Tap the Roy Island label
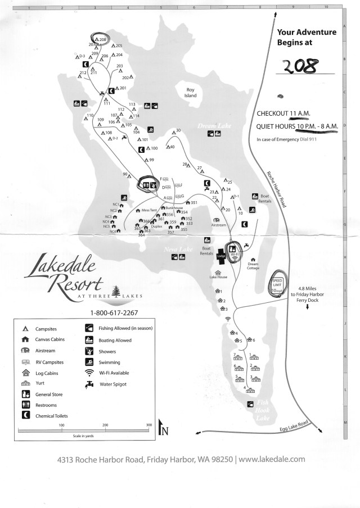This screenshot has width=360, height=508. point(191,92)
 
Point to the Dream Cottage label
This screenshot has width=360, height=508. point(253,266)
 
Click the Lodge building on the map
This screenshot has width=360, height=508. point(221,256)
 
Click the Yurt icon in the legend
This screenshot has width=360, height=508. point(25,384)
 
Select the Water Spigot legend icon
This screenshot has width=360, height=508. point(89,384)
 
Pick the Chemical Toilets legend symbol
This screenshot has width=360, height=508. point(25,415)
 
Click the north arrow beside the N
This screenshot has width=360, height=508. point(161,428)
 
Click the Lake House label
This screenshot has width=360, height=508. point(218,278)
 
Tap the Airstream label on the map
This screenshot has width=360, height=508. point(218,225)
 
